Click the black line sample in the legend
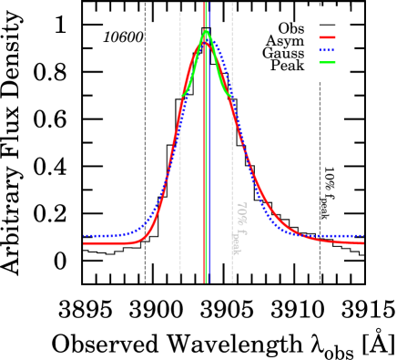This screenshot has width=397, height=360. tap(327, 25)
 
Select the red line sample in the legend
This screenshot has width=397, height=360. tap(327, 37)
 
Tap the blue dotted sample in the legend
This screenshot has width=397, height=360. tap(327, 50)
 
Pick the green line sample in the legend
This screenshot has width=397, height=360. tap(327, 63)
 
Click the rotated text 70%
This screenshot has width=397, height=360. tap(241, 213)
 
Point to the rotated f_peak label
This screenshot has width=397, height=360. tap(236, 241)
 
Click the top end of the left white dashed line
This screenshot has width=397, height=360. tap(179, 4)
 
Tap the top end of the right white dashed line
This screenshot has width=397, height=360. tap(232, 4)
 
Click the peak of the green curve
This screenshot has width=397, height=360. tap(206, 31)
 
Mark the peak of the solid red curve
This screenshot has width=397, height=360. tap(206, 42)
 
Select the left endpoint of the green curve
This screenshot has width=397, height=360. tap(180, 96)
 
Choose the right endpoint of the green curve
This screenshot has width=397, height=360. tap(231, 96)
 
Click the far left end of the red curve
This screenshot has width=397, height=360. tap(85, 243)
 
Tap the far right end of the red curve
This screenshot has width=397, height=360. tap(362, 243)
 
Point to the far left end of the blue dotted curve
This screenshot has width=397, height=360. tap(85, 236)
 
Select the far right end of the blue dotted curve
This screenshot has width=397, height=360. tap(362, 236)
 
